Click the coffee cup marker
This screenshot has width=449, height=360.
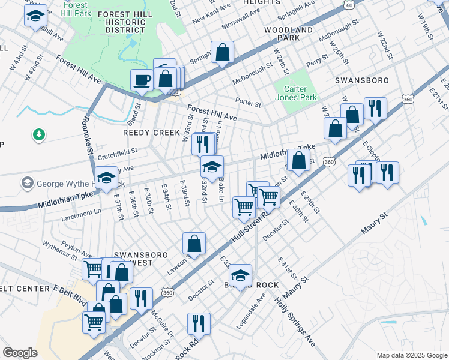[142, 79]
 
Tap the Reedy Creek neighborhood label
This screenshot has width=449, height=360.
[152, 132]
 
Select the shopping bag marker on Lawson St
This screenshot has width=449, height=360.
[194, 244]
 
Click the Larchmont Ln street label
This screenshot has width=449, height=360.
[81, 211]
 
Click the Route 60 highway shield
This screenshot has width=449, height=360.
[349, 4]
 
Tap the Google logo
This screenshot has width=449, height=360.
[20, 352]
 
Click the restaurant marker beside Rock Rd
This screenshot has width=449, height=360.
[199, 323]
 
